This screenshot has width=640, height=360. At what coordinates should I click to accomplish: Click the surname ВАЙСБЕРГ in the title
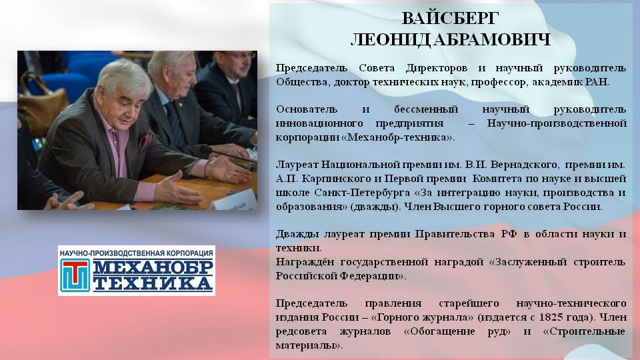tap(450, 19)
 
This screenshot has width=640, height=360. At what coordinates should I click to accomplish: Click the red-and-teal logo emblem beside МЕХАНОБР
tap(75, 275)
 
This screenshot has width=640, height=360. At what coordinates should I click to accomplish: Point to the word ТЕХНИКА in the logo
tap(153, 283)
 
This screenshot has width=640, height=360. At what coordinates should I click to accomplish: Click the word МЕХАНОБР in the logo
tap(153, 267)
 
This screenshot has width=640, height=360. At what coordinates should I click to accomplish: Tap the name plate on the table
tap(235, 201)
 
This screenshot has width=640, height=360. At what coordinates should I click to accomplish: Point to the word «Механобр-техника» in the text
tap(397, 137)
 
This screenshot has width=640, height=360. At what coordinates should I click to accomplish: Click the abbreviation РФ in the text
tap(509, 234)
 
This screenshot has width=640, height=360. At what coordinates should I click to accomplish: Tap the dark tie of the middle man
tap(174, 123)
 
